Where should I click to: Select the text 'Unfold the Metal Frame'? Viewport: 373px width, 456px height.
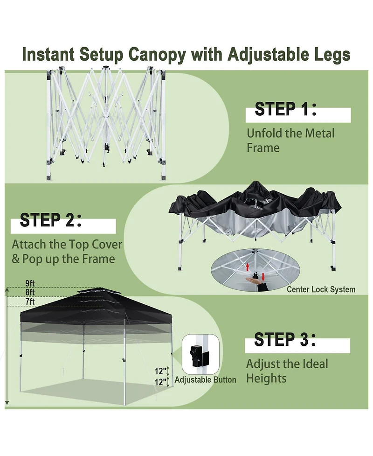pos(290,140)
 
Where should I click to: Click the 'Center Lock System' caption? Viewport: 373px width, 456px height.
pos(321,290)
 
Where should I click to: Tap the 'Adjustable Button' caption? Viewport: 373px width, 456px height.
pos(205,380)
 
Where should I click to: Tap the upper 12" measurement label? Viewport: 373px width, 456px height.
pos(161,371)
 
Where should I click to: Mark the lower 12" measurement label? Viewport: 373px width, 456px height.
pos(161,382)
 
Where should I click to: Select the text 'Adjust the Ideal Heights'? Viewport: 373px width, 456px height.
pos(287,371)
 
